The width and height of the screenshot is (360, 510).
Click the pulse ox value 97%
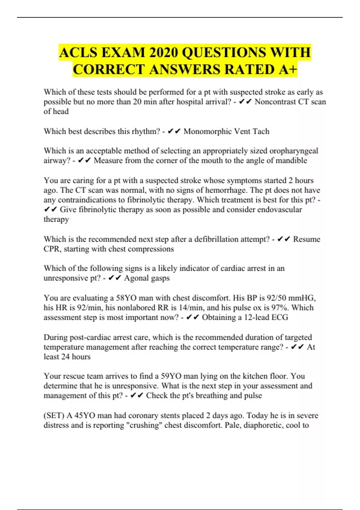click(x=280, y=307)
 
